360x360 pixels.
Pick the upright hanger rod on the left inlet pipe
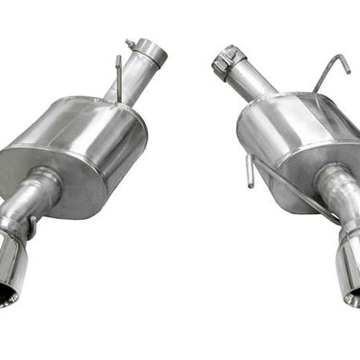pos(118,77)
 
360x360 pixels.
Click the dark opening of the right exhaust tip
pos(353,293)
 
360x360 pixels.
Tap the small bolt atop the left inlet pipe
pos(130,43)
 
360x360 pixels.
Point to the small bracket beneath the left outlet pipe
pos(34,230)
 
